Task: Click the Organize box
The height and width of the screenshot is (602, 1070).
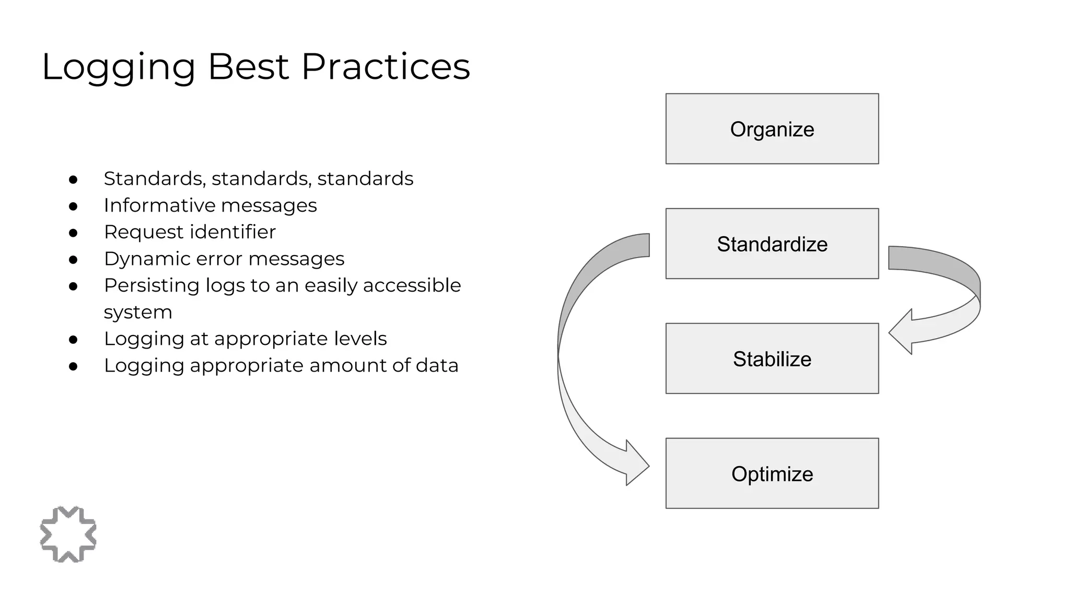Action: [x=772, y=129]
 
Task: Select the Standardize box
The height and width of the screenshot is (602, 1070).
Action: [x=772, y=244]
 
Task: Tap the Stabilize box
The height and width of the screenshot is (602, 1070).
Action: [x=772, y=358]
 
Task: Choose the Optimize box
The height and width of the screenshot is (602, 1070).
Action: [x=772, y=473]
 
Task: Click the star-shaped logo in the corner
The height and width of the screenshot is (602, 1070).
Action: [x=68, y=534]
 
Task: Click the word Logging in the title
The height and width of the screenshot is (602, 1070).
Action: [x=119, y=67]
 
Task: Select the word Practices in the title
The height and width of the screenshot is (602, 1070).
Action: [x=386, y=67]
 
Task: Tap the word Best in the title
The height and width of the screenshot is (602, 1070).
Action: [x=248, y=67]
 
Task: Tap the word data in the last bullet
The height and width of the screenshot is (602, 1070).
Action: [x=437, y=365]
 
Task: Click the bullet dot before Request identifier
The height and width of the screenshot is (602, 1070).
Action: [x=73, y=233]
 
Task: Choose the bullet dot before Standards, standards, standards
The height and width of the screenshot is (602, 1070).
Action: [x=73, y=180]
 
